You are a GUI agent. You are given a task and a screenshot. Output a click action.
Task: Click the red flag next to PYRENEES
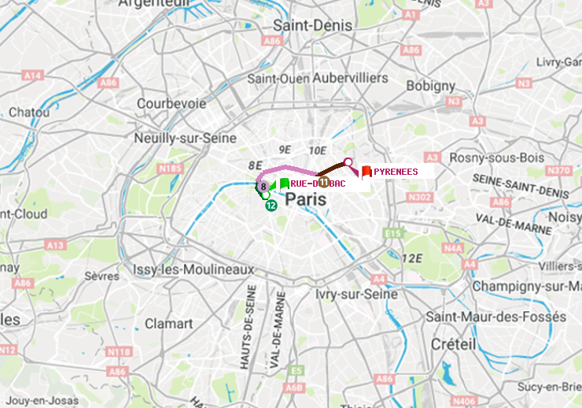click(x=366, y=171)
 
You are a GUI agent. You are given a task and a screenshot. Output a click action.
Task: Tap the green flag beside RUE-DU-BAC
click(x=284, y=184)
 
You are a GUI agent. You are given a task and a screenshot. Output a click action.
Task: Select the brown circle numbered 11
click(x=324, y=182)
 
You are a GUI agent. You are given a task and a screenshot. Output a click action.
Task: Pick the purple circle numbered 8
click(x=263, y=187)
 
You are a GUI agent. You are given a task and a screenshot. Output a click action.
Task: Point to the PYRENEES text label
click(x=396, y=171)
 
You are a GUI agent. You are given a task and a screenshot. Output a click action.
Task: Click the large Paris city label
click(x=306, y=199)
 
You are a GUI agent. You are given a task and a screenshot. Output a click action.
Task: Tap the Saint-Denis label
click(x=312, y=25)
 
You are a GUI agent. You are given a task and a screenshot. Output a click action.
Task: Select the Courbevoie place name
click(x=171, y=103)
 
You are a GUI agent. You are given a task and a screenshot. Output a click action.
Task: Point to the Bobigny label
click(x=431, y=85)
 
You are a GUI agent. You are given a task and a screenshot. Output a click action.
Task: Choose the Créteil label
click(x=453, y=345)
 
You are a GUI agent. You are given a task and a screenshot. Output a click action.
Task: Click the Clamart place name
click(x=168, y=323)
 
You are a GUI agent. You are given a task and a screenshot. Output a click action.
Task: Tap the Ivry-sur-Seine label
click(x=356, y=294)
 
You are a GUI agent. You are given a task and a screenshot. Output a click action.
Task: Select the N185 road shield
click(x=170, y=168)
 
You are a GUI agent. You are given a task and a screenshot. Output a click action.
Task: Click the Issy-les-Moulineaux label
click(x=193, y=269)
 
